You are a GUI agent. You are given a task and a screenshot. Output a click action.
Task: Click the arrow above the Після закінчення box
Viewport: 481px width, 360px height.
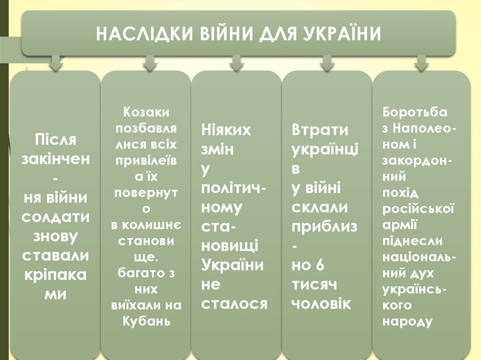(55, 63)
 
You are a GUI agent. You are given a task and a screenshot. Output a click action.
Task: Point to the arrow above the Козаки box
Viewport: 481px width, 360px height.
(149, 63)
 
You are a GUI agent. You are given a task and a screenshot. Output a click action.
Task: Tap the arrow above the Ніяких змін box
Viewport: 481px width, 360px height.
(236, 63)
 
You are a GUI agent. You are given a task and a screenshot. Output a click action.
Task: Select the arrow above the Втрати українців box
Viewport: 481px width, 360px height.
(327, 63)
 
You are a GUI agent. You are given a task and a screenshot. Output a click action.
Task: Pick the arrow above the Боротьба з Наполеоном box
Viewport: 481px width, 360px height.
(421, 63)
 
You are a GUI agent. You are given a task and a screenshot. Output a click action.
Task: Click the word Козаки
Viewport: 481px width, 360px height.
(147, 113)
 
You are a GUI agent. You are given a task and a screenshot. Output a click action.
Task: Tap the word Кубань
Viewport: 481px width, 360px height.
(147, 322)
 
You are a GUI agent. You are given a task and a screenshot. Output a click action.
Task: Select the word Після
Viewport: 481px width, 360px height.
(55, 139)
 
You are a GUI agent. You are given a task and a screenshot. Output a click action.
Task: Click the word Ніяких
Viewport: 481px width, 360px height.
(226, 130)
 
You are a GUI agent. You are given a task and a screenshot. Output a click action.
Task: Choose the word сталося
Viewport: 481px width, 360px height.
(234, 304)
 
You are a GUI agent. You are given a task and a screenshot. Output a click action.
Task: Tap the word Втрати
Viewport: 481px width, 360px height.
(320, 130)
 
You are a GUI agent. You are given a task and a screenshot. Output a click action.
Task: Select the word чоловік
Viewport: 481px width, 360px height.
(321, 304)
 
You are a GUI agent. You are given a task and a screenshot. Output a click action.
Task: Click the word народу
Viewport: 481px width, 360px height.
(407, 322)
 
